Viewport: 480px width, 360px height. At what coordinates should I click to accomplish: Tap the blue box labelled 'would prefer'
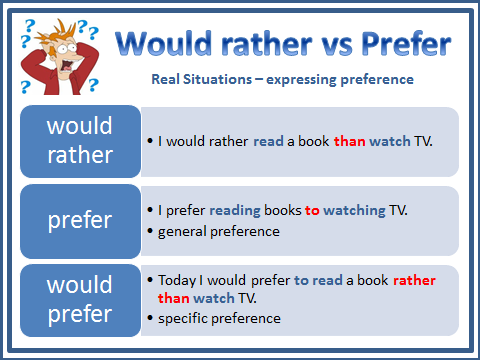pyautogui.click(x=81, y=299)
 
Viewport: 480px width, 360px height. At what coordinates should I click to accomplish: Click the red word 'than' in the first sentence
pyautogui.click(x=349, y=141)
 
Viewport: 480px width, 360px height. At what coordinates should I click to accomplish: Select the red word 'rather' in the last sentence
pyautogui.click(x=414, y=281)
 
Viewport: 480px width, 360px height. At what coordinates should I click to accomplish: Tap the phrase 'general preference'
pyautogui.click(x=219, y=232)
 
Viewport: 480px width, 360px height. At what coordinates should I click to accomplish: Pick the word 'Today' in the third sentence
pyautogui.click(x=176, y=281)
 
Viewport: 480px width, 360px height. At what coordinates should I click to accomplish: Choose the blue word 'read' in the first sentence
pyautogui.click(x=268, y=141)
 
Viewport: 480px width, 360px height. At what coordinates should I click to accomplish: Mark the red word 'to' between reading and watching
pyautogui.click(x=312, y=210)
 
